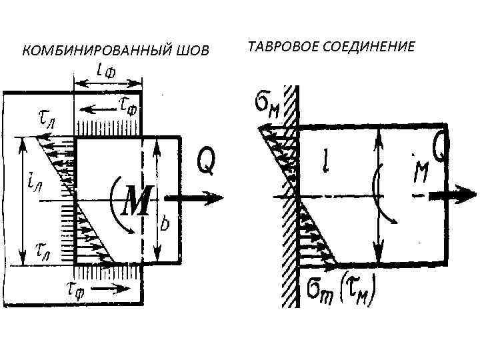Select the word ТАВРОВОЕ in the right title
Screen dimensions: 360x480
[x=279, y=47]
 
